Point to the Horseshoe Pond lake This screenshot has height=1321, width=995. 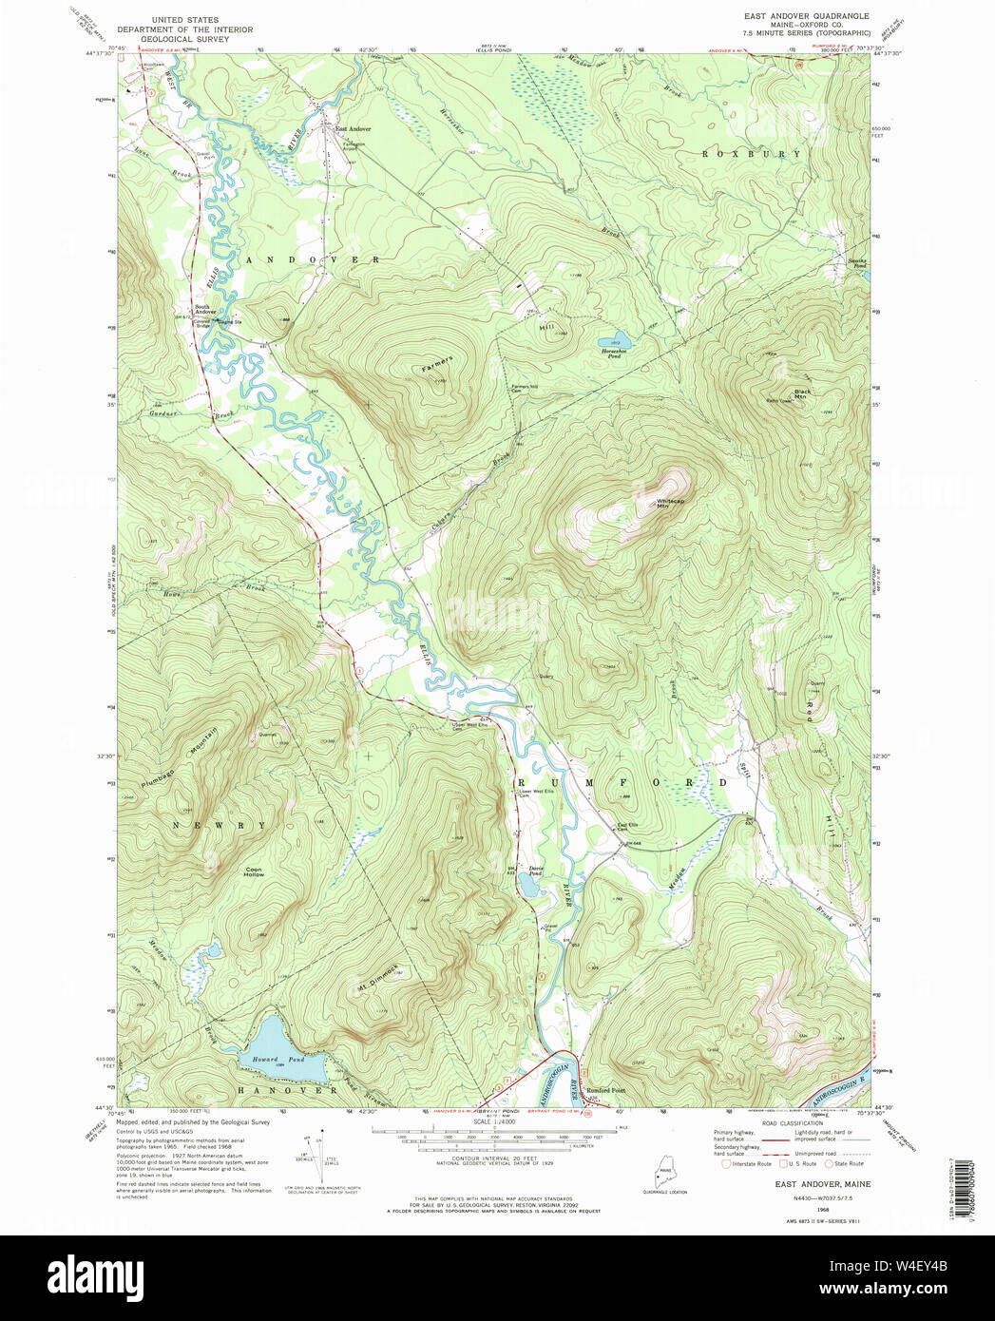click(x=608, y=341)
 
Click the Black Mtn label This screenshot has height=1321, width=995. click(x=803, y=393)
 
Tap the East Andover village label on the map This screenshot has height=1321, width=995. click(x=353, y=128)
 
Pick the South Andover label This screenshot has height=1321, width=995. click(x=205, y=309)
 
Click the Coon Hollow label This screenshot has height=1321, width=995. click(x=254, y=871)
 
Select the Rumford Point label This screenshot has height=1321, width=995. click(x=605, y=1090)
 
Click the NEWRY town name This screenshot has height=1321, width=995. click(x=220, y=825)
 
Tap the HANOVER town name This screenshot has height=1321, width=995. click(x=287, y=1090)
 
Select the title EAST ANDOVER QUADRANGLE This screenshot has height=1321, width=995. click(x=807, y=16)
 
